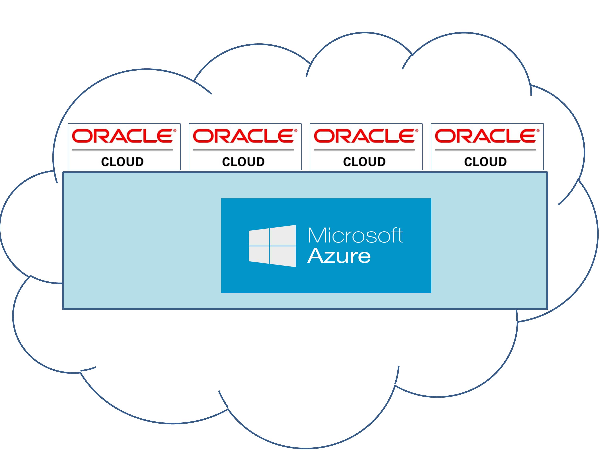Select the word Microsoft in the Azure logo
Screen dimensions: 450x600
coord(355,235)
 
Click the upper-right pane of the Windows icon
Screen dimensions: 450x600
coord(283,235)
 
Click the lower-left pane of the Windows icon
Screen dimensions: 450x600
coord(259,254)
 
